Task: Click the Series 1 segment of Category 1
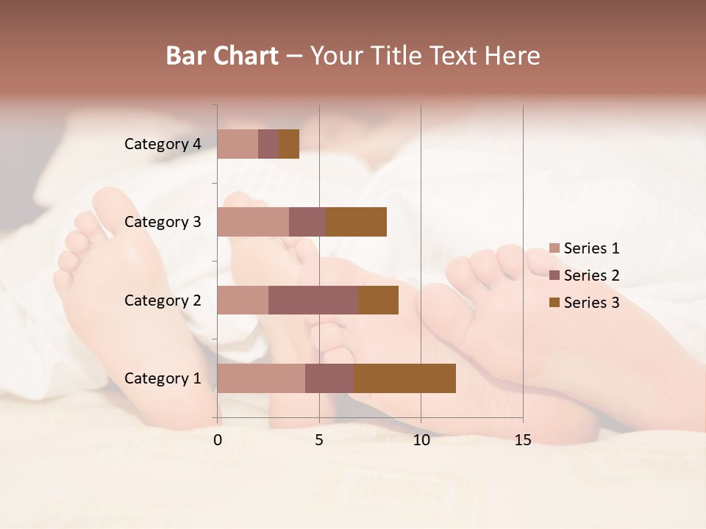[x=261, y=378]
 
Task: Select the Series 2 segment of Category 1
[x=329, y=378]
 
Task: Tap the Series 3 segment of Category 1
[x=404, y=378]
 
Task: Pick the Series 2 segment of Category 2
[x=313, y=300]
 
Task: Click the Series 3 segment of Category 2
[x=378, y=300]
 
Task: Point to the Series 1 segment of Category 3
[x=253, y=222]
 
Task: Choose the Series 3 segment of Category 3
[x=356, y=222]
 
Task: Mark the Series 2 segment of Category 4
[x=268, y=144]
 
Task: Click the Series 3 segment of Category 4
[x=289, y=144]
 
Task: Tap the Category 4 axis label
[x=163, y=144]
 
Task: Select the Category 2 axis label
[x=163, y=301]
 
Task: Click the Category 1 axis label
[x=163, y=378]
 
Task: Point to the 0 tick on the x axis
[x=218, y=440]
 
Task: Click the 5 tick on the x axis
[x=319, y=440]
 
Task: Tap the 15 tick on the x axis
[x=523, y=440]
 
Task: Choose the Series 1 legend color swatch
[x=555, y=248]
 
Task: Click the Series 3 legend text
[x=591, y=303]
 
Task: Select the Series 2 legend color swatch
[x=555, y=276]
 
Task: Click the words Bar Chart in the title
[x=222, y=56]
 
